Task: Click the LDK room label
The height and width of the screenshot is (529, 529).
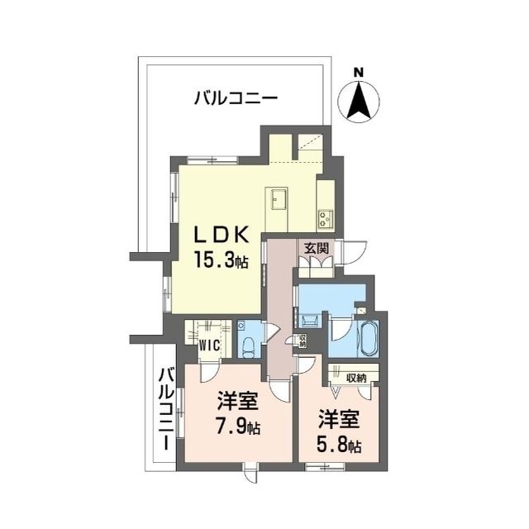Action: click(222, 234)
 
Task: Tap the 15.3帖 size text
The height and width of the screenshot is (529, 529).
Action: click(221, 260)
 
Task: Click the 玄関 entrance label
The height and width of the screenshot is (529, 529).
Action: click(316, 249)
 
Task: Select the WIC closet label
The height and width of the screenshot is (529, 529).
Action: click(209, 346)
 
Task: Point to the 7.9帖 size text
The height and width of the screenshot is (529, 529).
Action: click(238, 427)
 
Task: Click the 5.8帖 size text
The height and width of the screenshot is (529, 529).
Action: click(339, 446)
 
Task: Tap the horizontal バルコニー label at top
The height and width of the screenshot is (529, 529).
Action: click(236, 99)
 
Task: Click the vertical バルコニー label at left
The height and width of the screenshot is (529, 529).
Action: click(167, 409)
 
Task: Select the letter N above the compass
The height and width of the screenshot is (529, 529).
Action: click(359, 73)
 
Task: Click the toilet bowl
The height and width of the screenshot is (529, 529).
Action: click(248, 347)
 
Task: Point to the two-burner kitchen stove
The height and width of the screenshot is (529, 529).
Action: click(326, 218)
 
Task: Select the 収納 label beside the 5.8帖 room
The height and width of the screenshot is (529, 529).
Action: click(356, 379)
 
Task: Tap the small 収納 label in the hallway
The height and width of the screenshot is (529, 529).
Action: click(303, 341)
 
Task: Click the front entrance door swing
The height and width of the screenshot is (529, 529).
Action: click(355, 252)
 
